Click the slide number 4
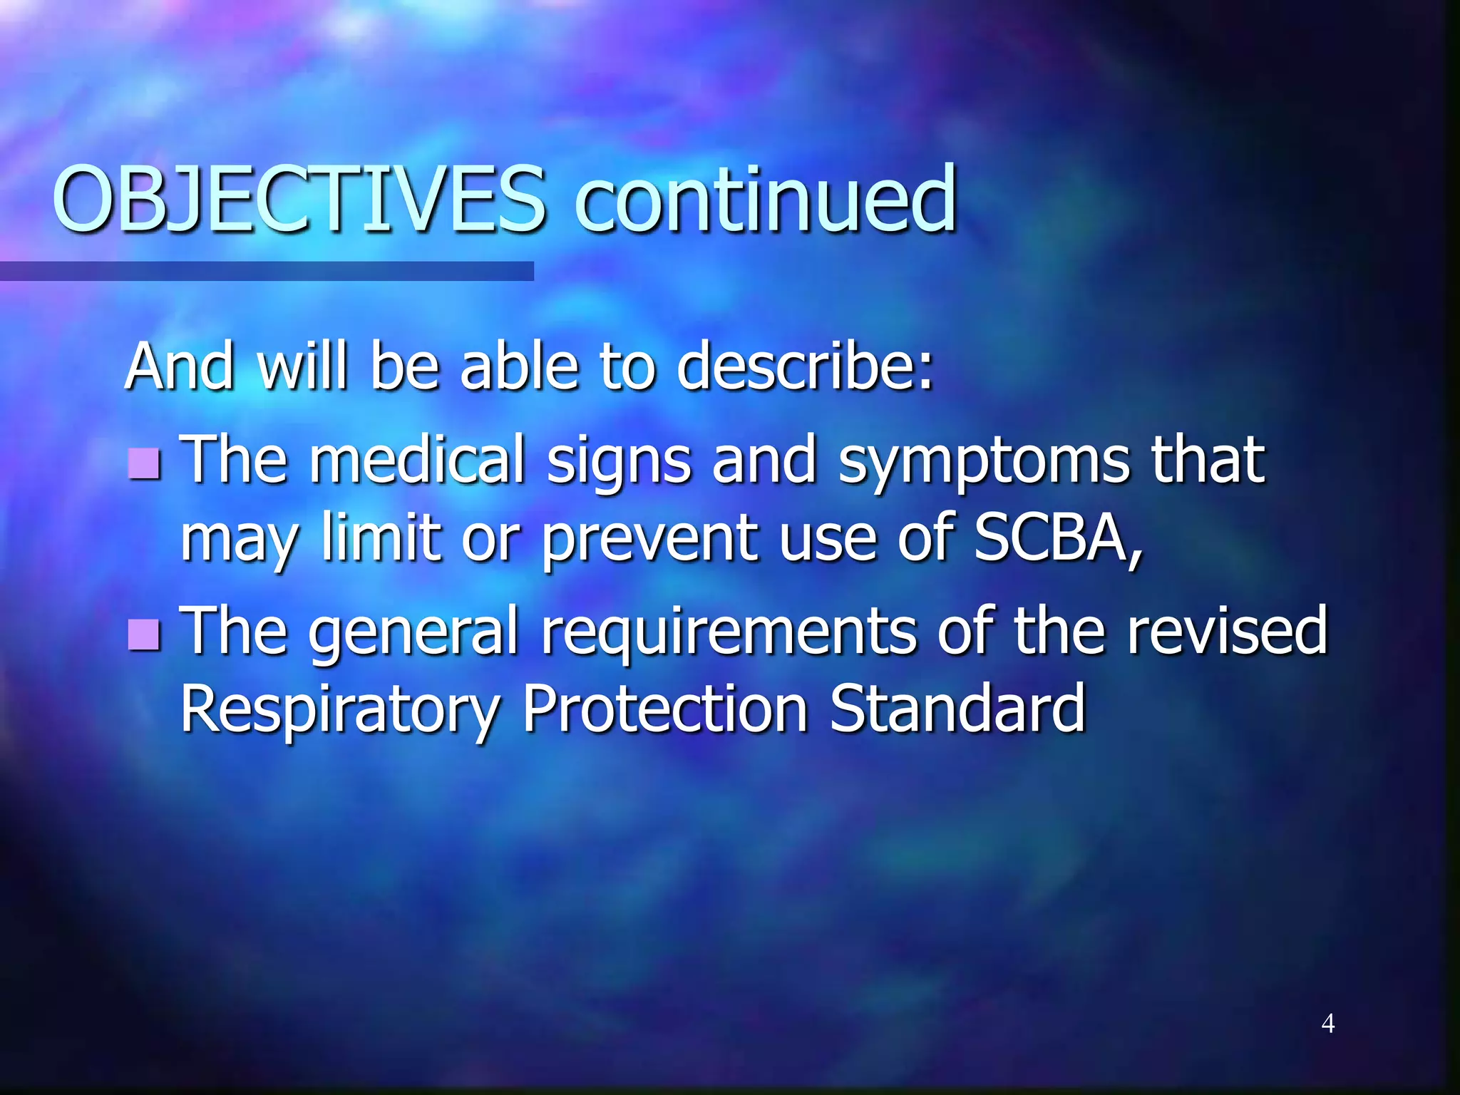click(1327, 1024)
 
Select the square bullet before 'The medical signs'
click(145, 464)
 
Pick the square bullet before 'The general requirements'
click(145, 634)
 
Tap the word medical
click(417, 460)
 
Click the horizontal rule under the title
click(267, 271)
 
